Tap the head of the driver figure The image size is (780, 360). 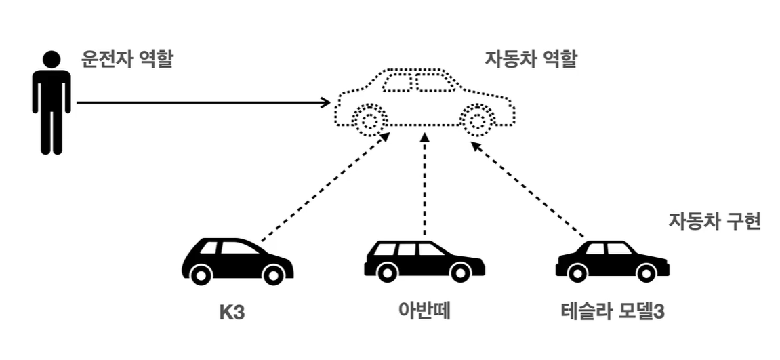[x=51, y=60]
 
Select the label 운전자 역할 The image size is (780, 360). [x=127, y=59]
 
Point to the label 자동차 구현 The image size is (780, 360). [x=714, y=222]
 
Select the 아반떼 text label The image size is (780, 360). [x=425, y=313]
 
